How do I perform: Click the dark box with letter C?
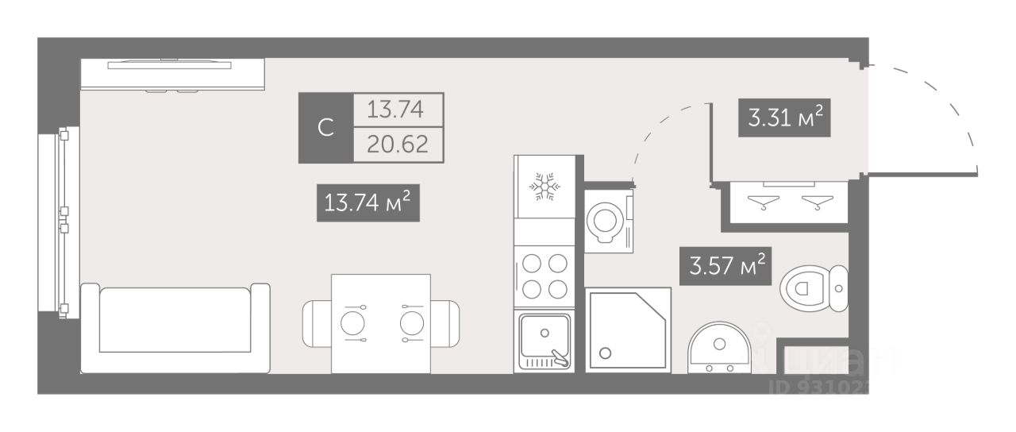click(325, 128)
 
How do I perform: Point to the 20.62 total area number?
click(398, 145)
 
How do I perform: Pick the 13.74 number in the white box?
click(398, 110)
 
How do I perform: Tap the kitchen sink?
click(544, 341)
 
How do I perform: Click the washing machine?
click(610, 220)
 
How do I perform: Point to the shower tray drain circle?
click(606, 353)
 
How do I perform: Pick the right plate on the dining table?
click(411, 323)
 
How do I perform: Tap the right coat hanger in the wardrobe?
click(814, 202)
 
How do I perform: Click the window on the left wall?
click(60, 222)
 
